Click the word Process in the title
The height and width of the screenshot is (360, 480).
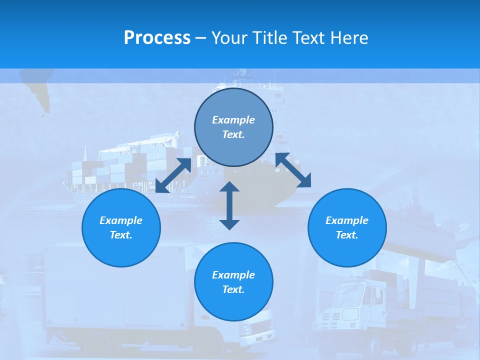pos(157,38)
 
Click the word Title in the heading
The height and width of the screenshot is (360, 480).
pos(268,38)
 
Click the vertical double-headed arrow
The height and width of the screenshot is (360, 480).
pos(229,205)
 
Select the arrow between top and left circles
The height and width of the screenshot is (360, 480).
pos(173,175)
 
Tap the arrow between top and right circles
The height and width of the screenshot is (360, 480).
pos(293,170)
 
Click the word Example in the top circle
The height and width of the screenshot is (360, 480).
pos(233,120)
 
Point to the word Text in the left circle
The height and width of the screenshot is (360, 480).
pos(120,235)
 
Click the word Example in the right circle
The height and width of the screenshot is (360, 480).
pos(347,220)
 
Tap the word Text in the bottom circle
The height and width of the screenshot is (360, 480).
pos(233,289)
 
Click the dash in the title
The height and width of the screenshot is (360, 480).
pos(201,38)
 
